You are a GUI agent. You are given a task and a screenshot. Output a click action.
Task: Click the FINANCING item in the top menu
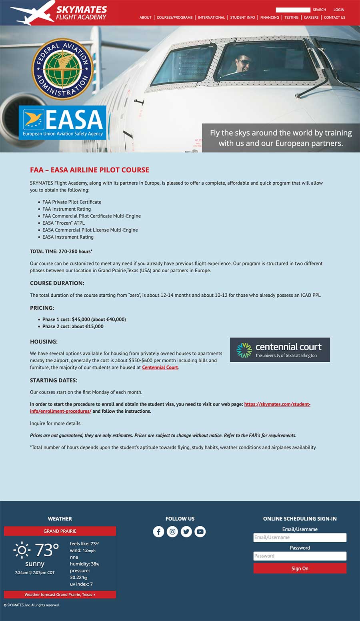coord(270,18)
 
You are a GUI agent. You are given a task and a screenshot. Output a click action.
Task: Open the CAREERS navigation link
coord(311,18)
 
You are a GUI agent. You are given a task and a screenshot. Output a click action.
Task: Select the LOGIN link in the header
coord(339,10)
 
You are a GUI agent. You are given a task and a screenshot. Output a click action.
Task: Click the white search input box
coord(293,10)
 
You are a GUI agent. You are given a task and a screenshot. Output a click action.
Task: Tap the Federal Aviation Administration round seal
coord(62,69)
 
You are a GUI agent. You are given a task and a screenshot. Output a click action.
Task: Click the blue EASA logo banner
coord(62,122)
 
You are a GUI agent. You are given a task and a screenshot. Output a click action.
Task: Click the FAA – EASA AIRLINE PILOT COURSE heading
coord(90,170)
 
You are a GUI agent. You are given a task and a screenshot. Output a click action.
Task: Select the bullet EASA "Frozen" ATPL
coord(64,223)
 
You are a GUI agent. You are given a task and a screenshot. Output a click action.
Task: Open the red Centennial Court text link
coord(160,367)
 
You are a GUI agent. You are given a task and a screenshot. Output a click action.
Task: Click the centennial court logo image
coord(280,350)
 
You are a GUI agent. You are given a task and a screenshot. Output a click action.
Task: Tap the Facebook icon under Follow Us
coord(158,531)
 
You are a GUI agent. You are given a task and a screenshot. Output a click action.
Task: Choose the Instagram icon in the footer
coord(172,531)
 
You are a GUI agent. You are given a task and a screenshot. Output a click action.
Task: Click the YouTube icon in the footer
coord(200,531)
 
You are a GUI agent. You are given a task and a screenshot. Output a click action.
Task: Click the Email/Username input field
coord(300,537)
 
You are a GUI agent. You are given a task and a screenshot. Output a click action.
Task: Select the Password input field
coord(300,556)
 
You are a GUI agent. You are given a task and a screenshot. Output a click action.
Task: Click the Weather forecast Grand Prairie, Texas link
coord(60,595)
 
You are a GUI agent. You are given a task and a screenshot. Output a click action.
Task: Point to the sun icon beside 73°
coord(22,550)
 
